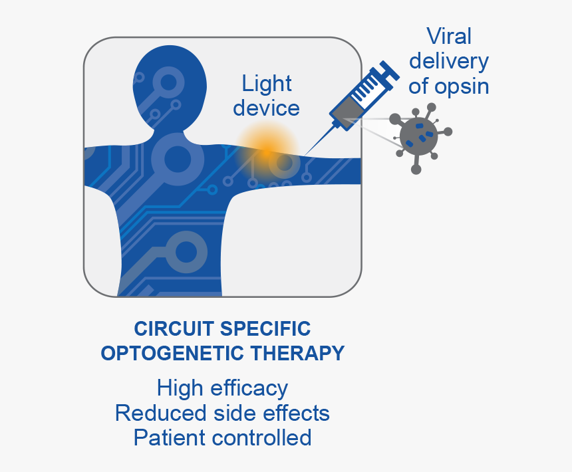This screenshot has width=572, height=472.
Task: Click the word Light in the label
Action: click(267, 84)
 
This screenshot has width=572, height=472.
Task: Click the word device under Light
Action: click(267, 108)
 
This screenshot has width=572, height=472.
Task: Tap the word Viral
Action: click(449, 37)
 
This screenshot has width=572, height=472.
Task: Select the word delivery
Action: click(449, 62)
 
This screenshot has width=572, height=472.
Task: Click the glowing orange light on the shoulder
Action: click(265, 152)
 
